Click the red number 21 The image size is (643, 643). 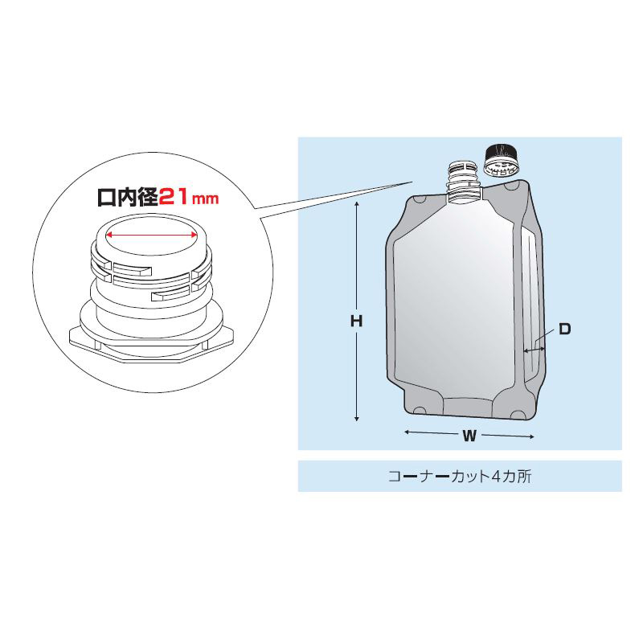tap(173, 197)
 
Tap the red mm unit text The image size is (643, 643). tap(205, 199)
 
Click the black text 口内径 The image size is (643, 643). tap(128, 197)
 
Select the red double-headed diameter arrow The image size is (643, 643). tap(152, 235)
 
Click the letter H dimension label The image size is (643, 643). tap(356, 321)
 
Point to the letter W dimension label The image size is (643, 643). tap(469, 436)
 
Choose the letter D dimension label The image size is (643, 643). tap(565, 329)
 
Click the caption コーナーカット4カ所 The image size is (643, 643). tap(460, 477)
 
